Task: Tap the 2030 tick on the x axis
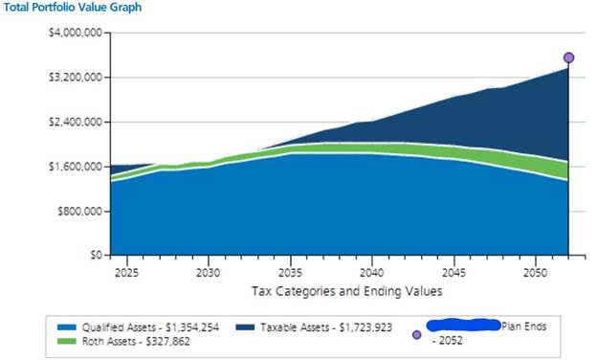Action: pyautogui.click(x=208, y=272)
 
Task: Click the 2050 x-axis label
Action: pyautogui.click(x=537, y=272)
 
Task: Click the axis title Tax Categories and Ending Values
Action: pyautogui.click(x=345, y=290)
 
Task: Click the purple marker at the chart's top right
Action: pyautogui.click(x=569, y=57)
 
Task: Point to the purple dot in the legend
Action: pyautogui.click(x=416, y=334)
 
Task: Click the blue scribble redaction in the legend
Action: pyautogui.click(x=464, y=326)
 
